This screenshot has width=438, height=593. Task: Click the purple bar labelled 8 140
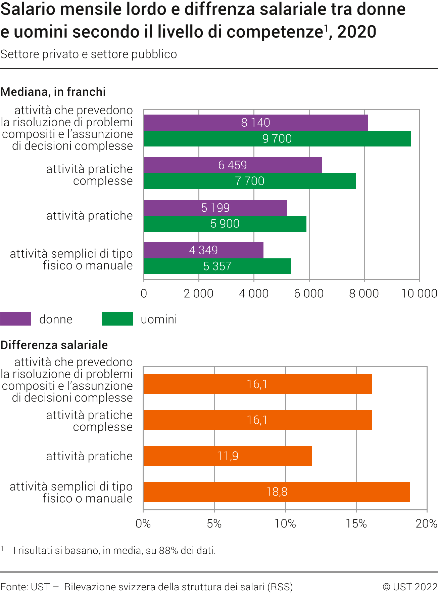[256, 123]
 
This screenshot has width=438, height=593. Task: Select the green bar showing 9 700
[277, 138]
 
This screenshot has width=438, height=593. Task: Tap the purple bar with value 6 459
[233, 165]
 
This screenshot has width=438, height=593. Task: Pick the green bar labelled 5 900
[225, 224]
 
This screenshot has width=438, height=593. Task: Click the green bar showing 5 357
[217, 266]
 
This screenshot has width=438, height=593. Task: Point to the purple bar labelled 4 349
[203, 250]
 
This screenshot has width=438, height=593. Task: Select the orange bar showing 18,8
[277, 492]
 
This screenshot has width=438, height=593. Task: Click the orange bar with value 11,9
[228, 456]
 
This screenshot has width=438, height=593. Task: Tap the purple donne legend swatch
[16, 319]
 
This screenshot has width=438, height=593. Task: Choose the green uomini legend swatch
[117, 319]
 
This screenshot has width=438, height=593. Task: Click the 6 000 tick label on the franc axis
[309, 294]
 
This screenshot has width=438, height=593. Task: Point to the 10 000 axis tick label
[419, 294]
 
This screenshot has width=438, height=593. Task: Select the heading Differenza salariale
[54, 345]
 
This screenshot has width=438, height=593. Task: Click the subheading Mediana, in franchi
[53, 92]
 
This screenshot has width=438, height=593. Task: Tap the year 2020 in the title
[356, 32]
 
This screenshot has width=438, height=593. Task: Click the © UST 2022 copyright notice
[410, 587]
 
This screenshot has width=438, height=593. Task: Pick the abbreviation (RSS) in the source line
[280, 587]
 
